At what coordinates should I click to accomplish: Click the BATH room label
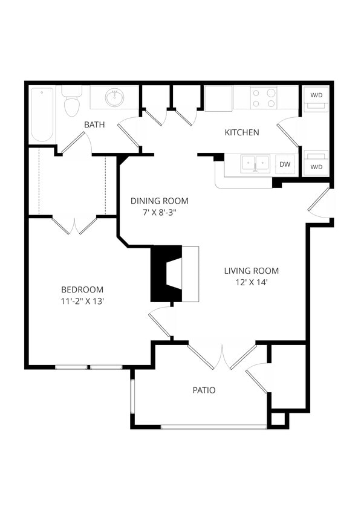click(94, 124)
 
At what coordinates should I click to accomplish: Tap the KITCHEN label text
click(242, 132)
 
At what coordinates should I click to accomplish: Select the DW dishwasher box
click(284, 164)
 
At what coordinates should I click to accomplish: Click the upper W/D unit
click(316, 99)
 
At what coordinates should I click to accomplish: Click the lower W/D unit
click(316, 163)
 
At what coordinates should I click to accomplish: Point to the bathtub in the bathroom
click(42, 114)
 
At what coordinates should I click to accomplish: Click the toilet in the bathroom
click(72, 103)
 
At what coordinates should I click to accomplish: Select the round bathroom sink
click(114, 97)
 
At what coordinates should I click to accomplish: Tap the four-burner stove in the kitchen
click(264, 98)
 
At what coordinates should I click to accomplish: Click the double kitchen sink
click(255, 164)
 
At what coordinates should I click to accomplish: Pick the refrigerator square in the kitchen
click(218, 98)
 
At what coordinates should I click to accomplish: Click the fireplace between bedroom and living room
click(174, 274)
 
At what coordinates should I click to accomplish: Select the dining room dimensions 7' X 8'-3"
click(160, 212)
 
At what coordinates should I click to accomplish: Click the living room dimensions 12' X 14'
click(251, 282)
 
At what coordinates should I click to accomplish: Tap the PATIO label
click(204, 390)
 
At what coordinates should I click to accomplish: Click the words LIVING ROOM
click(251, 271)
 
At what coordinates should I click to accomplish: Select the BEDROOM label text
click(82, 289)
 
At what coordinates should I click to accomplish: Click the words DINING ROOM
click(160, 201)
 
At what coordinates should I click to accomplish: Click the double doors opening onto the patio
click(222, 357)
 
